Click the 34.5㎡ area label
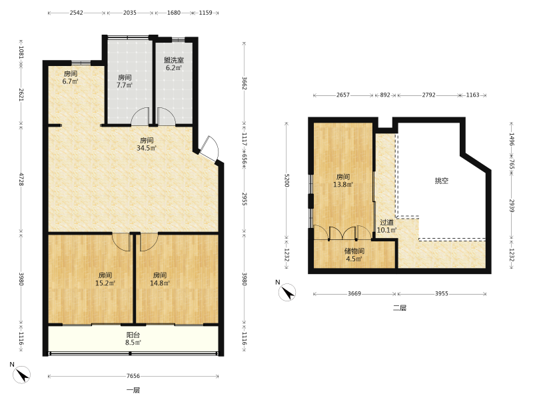point(147,148)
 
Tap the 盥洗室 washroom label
point(174,60)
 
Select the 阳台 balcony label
point(133,335)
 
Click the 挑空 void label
point(442,181)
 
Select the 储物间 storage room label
point(354,251)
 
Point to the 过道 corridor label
point(386,223)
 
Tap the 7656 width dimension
point(133,376)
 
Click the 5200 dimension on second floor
point(286,180)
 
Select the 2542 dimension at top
point(76,13)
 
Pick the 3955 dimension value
point(442,293)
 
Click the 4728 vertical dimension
point(21,179)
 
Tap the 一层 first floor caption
point(133,390)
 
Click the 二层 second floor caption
point(400,308)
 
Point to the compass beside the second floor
point(287,292)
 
